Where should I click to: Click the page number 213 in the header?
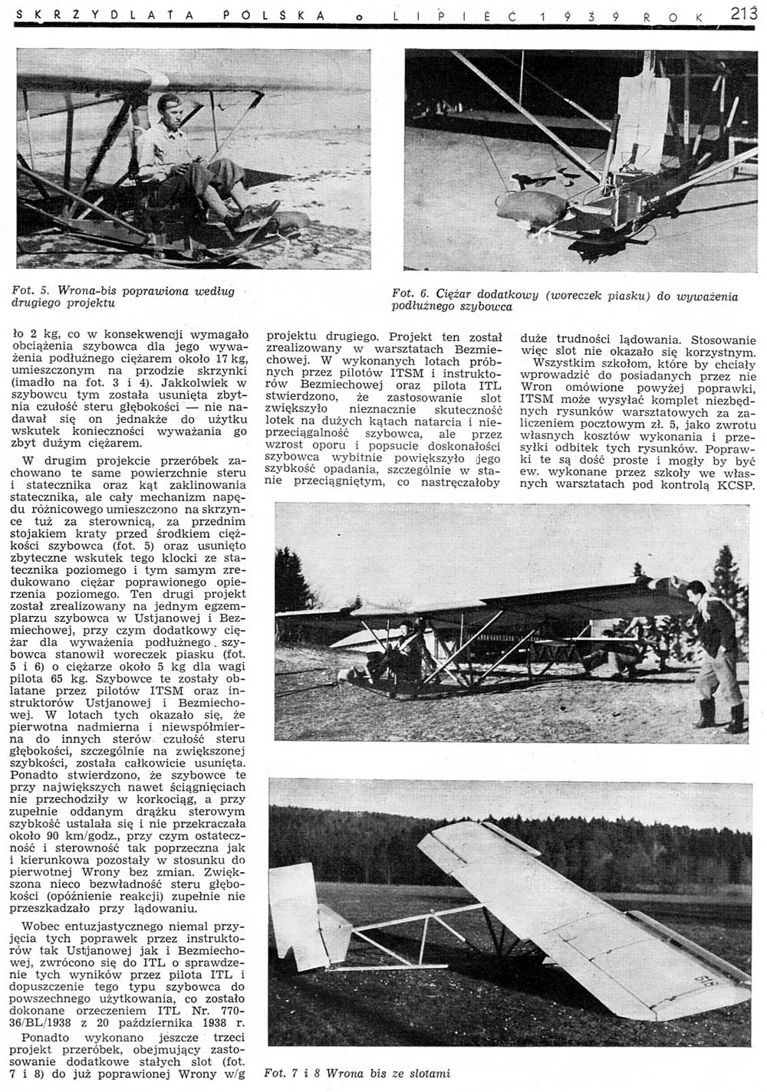[x=743, y=12]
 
